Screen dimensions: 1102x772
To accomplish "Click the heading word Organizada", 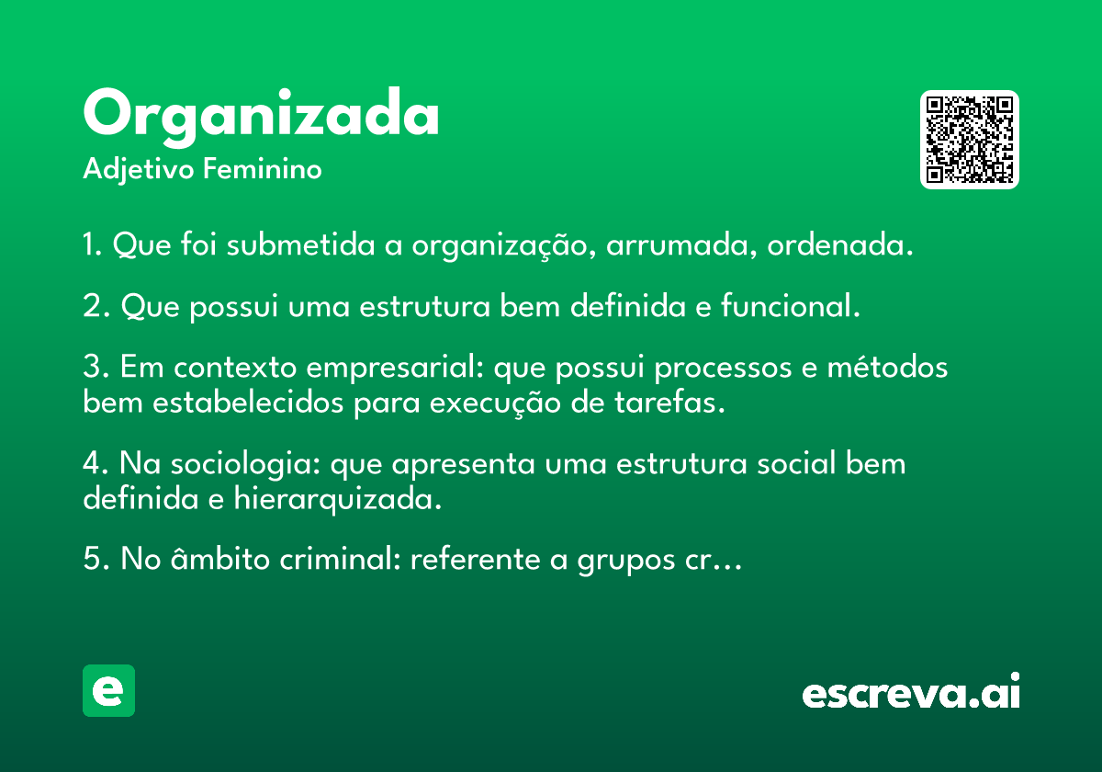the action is click(x=261, y=118).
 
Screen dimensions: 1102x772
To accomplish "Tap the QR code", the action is click(x=969, y=140).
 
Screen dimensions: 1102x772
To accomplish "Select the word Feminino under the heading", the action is click(x=263, y=168).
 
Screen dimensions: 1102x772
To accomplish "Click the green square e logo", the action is click(x=108, y=690).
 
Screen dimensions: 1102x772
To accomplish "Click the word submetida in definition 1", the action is click(x=300, y=244).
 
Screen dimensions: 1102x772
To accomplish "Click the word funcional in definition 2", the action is click(x=791, y=305).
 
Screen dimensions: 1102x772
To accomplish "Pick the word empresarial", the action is click(x=395, y=369).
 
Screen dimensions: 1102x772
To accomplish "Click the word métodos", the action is click(x=887, y=367).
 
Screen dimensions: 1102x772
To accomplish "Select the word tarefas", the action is click(x=669, y=402).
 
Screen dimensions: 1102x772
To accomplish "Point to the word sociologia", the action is click(x=245, y=465).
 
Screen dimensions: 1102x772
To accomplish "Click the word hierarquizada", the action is click(x=338, y=499).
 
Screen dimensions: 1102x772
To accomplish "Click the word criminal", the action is click(x=340, y=559).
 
